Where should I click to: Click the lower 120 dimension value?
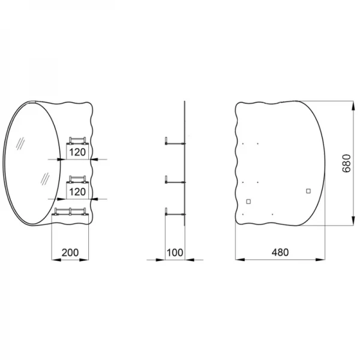[x=76, y=192]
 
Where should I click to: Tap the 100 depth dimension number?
[x=175, y=253]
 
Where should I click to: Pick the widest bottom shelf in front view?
[x=71, y=211]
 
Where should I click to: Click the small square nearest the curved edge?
[x=308, y=191]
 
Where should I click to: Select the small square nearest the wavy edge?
[x=248, y=201]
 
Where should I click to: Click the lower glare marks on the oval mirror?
[x=43, y=179]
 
